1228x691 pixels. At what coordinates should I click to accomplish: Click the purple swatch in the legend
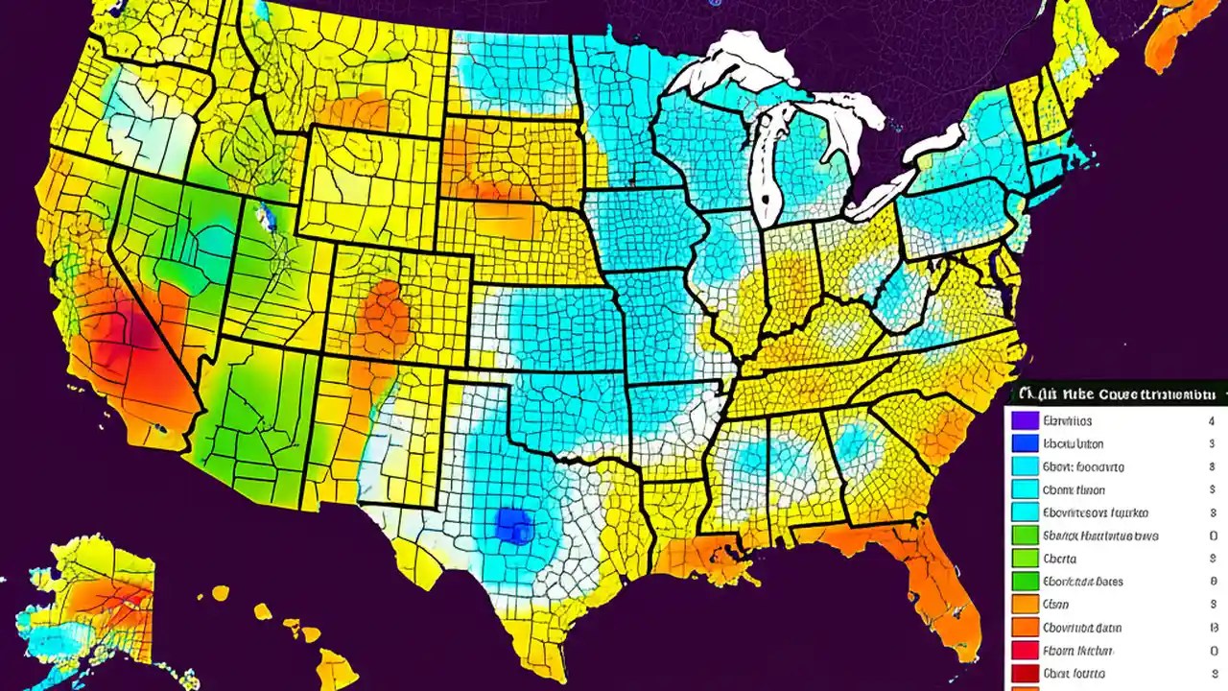tap(1026, 420)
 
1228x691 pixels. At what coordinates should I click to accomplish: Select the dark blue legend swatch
tap(1026, 443)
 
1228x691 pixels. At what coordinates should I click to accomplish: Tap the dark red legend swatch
tap(1026, 674)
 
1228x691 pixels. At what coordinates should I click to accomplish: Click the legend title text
tap(1119, 393)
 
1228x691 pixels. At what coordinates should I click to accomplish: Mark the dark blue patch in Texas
tap(514, 525)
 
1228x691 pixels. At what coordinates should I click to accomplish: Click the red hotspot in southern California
tap(134, 331)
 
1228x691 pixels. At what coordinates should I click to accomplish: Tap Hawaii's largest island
tap(337, 667)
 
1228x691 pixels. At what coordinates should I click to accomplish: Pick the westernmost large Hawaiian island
tap(221, 593)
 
